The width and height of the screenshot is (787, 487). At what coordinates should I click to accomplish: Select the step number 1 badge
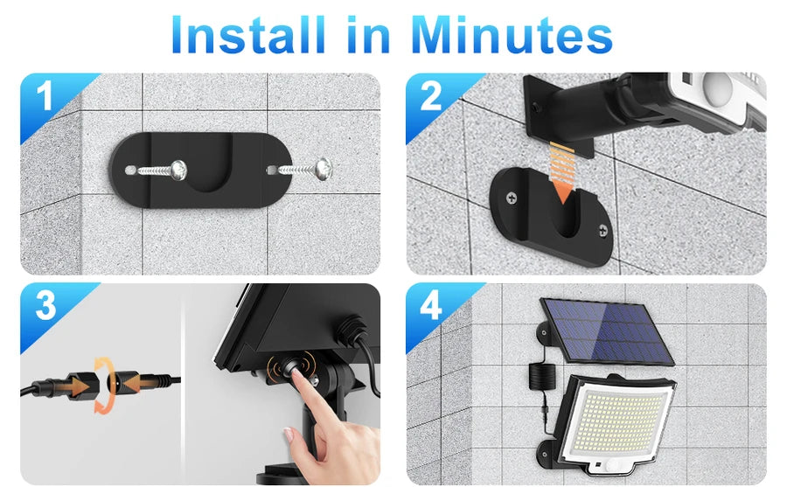tap(44, 96)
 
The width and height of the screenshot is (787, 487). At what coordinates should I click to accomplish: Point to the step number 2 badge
tap(430, 96)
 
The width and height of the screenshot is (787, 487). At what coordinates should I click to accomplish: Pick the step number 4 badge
tap(431, 307)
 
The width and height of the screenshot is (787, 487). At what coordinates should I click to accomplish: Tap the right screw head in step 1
tap(324, 166)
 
